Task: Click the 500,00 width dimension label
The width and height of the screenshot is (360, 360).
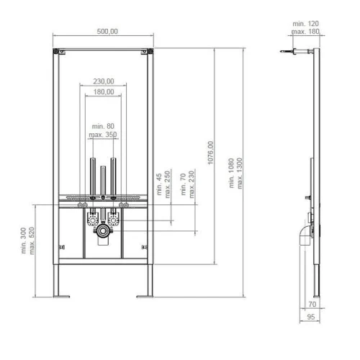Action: point(107,32)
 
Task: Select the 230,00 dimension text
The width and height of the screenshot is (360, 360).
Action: point(104,81)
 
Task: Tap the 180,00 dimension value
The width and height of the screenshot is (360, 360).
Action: point(104,91)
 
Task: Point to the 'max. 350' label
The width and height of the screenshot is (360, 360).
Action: point(103,135)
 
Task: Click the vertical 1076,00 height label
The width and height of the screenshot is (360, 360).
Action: point(210,153)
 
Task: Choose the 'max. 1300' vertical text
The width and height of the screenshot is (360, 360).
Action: point(240,174)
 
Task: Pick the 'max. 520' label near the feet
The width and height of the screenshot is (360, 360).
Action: point(32,240)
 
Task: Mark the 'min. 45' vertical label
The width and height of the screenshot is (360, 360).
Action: point(159,184)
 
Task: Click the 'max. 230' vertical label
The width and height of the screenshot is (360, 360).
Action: point(192,184)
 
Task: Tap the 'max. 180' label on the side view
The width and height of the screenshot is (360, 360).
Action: point(305,32)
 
